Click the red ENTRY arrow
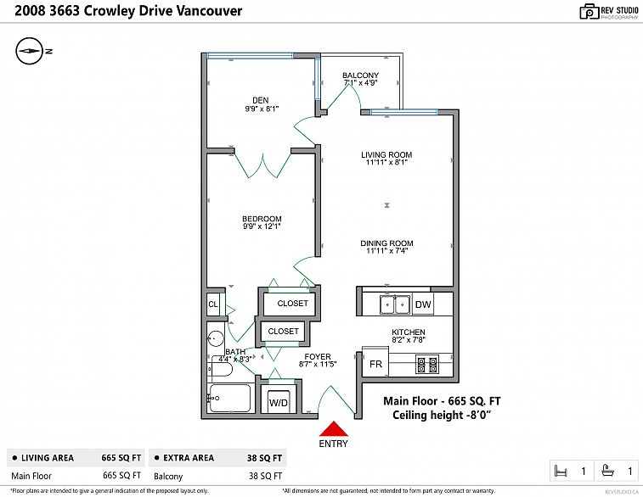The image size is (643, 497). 334,429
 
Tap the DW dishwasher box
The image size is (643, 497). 423,304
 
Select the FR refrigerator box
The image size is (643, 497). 375,362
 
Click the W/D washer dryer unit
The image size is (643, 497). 279,402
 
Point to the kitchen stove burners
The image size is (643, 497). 427,364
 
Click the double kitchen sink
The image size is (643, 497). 394,304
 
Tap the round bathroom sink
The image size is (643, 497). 215,339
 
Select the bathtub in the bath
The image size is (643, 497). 229,398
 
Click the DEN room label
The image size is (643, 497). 261,100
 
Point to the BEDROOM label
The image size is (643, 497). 262,219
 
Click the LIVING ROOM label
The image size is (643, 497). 386,154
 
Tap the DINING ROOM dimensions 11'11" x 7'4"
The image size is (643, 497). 386,250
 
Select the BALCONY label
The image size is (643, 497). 360,75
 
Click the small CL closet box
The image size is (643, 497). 213,304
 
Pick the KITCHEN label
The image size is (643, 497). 409,332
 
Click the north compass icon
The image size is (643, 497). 29,51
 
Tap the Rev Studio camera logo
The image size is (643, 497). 589,12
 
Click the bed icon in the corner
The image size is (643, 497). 561,471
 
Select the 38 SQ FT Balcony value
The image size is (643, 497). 265,476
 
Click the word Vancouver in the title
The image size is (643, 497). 209,11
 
